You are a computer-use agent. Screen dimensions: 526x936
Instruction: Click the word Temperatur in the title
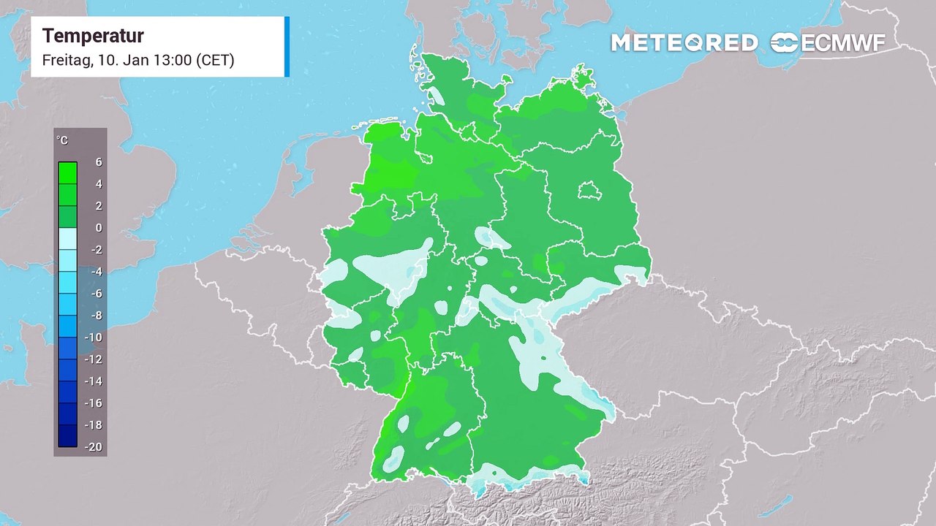93,36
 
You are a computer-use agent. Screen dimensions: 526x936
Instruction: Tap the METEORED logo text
684,43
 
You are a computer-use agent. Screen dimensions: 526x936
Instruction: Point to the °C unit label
62,140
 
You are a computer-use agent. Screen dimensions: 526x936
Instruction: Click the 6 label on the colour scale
99,162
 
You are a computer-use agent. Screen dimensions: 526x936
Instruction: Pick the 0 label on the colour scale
99,228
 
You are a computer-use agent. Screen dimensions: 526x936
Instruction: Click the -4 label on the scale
96,272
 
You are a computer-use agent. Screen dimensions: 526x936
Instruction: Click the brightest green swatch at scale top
67,172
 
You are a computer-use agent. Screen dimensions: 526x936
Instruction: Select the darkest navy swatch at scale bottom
67,436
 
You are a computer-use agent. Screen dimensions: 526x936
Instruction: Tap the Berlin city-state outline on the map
591,192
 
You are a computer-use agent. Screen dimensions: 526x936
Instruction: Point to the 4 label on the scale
99,184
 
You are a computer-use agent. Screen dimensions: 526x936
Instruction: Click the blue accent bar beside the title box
287,46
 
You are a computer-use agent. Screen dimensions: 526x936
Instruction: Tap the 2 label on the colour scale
99,206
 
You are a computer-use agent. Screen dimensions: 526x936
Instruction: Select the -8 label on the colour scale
96,316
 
